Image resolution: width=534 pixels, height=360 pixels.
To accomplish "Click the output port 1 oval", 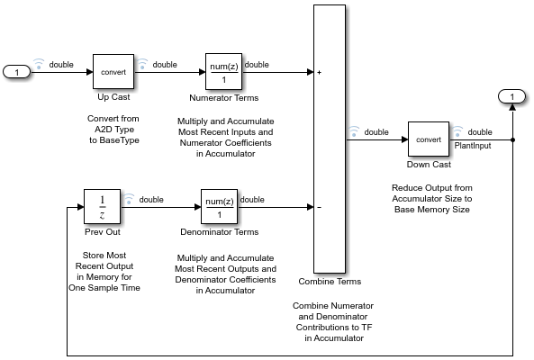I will point(511,96).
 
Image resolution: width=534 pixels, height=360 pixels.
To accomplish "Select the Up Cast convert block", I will point(113,71).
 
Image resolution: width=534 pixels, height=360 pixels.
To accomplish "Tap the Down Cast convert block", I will point(428,139).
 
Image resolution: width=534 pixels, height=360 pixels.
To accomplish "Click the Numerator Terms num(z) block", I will point(222,71).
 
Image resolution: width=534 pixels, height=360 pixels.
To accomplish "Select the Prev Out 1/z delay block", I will point(102,206).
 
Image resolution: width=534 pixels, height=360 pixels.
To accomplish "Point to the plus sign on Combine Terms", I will point(320,71).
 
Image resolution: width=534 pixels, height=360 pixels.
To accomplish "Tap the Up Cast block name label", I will point(113,97).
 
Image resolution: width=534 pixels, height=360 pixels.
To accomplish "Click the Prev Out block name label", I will point(102,232).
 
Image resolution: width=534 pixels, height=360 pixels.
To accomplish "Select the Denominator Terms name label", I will point(218,232).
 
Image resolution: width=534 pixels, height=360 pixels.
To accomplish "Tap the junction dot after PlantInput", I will point(511,139).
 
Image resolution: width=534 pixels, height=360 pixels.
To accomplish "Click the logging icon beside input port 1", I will point(38,64).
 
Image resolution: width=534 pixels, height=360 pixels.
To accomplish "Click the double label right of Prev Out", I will point(150,200).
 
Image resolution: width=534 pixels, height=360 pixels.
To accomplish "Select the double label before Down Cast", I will point(376,132).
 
